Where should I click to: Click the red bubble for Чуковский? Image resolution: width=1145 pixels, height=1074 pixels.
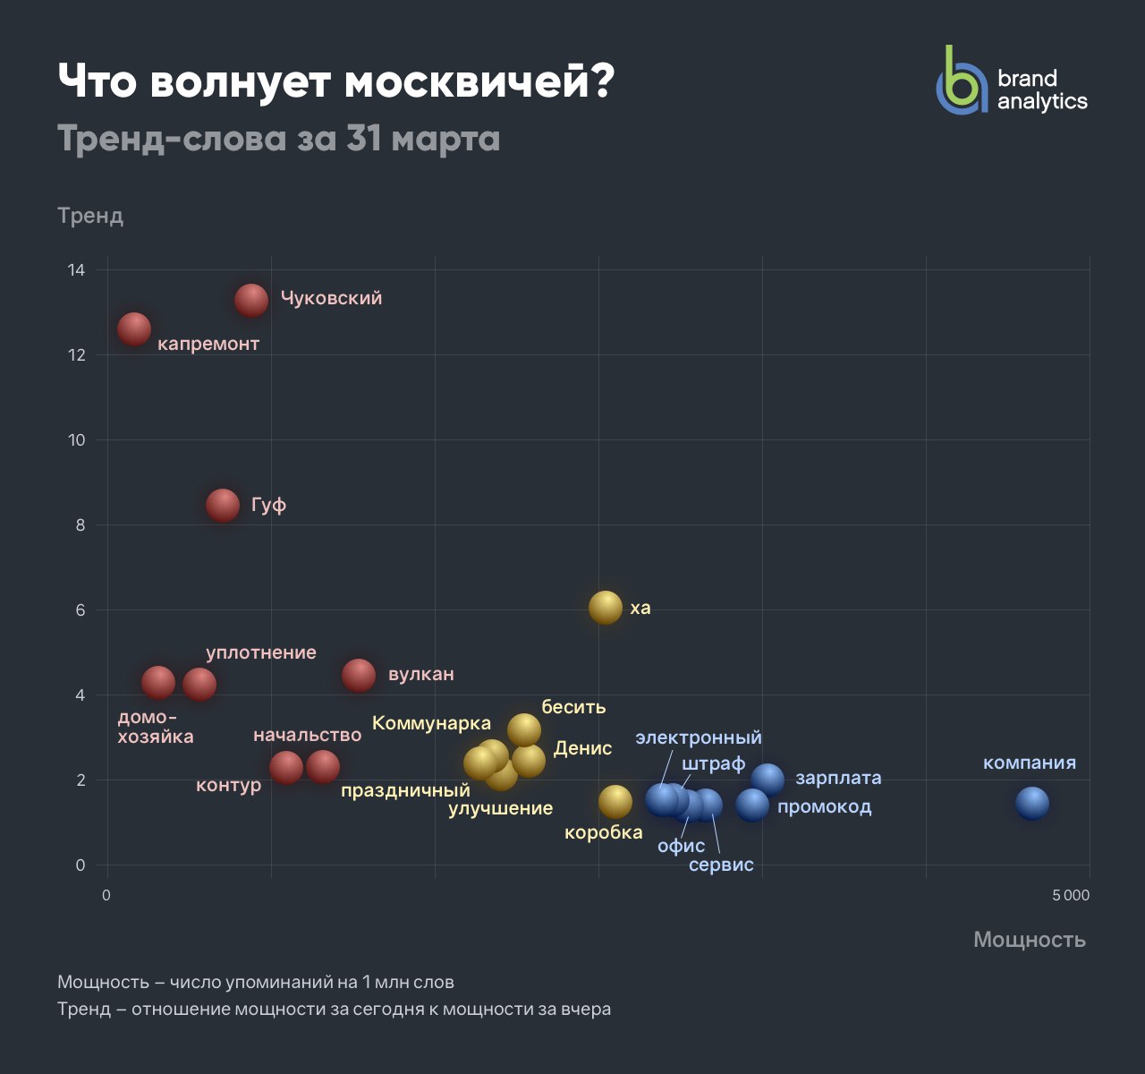(251, 300)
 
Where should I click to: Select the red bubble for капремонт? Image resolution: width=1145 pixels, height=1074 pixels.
(134, 329)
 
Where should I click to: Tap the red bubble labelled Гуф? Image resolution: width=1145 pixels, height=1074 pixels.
(223, 505)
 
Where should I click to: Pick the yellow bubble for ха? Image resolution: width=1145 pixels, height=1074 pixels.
(606, 608)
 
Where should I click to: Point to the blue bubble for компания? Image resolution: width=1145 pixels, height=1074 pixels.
(1031, 803)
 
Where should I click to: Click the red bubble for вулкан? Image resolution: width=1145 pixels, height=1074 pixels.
(359, 676)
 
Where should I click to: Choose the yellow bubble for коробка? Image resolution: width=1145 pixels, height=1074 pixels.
(615, 802)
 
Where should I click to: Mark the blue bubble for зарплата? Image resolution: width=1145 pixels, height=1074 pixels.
(768, 780)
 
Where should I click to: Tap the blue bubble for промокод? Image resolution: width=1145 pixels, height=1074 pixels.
(752, 805)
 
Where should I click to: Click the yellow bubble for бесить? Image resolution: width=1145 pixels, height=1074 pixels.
(524, 729)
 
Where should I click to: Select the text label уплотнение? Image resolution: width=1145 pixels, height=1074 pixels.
(261, 652)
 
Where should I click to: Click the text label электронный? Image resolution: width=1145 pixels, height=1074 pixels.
(699, 737)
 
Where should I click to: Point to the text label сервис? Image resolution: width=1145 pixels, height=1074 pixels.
(721, 865)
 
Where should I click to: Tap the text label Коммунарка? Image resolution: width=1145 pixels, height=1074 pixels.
(431, 723)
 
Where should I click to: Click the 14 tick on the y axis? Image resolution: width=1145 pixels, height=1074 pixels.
(76, 270)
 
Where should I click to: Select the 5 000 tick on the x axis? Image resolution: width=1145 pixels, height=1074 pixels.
(1071, 895)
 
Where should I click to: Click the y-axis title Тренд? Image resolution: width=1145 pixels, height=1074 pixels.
(90, 216)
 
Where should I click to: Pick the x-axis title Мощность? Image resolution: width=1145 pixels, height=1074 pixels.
(1030, 939)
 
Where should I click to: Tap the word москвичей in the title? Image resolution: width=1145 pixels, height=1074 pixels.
(479, 83)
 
